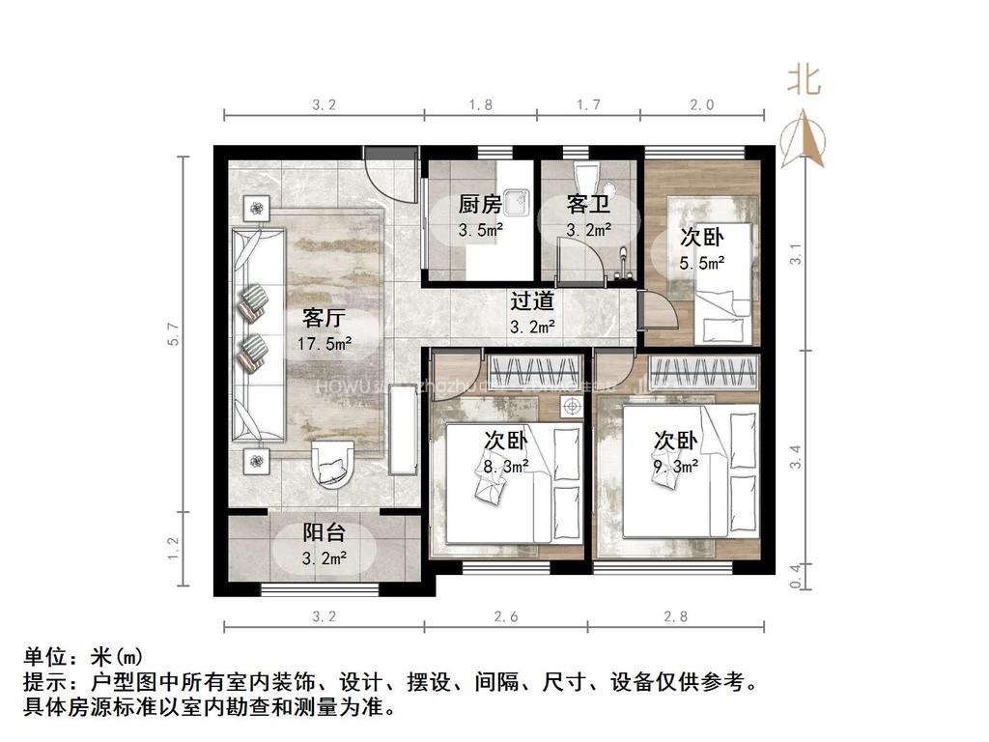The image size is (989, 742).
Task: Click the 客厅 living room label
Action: coord(325,318)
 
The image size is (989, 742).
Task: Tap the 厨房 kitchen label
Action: coord(480,205)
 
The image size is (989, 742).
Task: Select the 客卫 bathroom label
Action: coord(588,205)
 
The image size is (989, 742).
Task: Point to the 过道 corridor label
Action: coord(532,301)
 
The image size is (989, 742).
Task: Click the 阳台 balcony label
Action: coord(325,532)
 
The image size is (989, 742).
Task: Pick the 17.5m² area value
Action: coord(325,342)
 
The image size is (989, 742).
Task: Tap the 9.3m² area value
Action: coord(675,465)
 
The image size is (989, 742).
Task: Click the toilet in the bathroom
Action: coord(586,180)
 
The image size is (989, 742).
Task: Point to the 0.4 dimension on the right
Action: coord(795,577)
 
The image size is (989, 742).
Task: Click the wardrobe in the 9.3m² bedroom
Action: coord(703,372)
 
